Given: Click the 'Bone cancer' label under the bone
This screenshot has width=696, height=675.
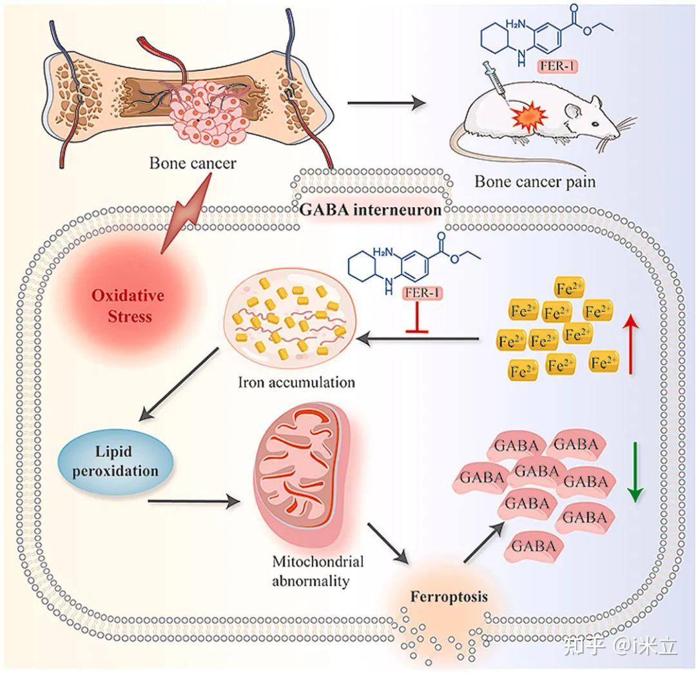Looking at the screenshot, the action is coord(192,163).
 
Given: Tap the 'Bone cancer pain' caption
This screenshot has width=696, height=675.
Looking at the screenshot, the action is coord(535,181).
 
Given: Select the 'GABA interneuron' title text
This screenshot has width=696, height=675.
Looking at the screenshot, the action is coord(371,209).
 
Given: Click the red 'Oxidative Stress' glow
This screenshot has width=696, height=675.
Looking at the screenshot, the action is coord(128,306).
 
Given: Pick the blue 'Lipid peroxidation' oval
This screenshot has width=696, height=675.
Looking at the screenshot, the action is coord(115,461).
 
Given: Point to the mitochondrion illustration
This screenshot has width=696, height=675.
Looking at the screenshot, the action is coord(303,473).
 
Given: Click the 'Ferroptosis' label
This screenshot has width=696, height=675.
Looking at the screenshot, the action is coord(449,596).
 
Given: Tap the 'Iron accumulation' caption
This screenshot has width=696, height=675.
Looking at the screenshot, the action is coord(296,382).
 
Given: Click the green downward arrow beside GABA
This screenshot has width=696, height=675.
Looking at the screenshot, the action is coord(635,472).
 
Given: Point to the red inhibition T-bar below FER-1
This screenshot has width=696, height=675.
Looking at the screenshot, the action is coord(417,317).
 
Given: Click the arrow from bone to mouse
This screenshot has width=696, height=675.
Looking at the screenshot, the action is coord(386,103).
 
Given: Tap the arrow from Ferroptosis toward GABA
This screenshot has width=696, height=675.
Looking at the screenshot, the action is coord(483,542).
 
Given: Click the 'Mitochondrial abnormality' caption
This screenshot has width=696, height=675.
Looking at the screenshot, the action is coord(317,571).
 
